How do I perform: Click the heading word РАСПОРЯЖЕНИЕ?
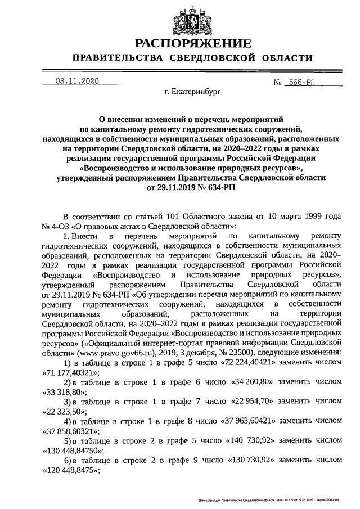pos(192,43)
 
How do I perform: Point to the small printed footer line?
pos(270,500)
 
